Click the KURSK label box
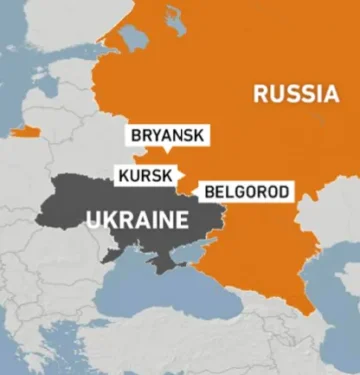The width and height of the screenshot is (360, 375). click(145, 174)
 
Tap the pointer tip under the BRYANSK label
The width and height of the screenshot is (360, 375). click(168, 151)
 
